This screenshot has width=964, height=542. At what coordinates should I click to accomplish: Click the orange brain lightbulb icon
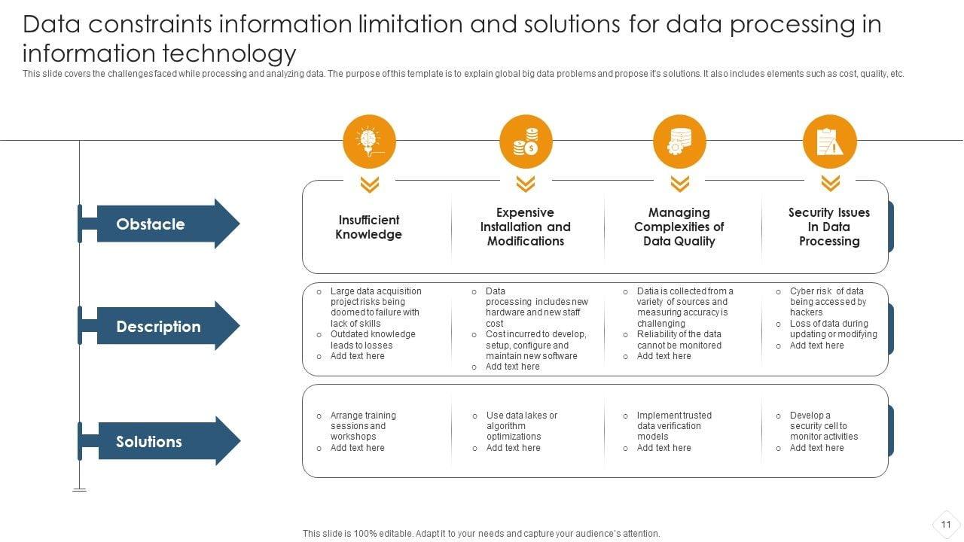point(369,142)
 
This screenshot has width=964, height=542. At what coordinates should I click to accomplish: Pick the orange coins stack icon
point(526,142)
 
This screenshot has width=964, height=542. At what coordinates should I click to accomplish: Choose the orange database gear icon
point(679,142)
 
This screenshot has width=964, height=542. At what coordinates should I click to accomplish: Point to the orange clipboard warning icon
point(830,142)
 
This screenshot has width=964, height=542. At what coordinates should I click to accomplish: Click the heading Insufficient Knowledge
point(368,227)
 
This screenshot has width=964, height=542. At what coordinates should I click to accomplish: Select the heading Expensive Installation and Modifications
point(526,227)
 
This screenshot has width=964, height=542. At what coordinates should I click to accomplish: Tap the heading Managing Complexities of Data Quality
point(679,227)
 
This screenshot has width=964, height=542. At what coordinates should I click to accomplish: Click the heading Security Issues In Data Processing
point(829,227)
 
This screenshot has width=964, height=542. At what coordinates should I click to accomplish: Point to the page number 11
point(946,525)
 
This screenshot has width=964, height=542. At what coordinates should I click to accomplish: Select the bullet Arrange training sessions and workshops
point(362,426)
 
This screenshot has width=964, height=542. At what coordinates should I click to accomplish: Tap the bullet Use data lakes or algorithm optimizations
point(521,426)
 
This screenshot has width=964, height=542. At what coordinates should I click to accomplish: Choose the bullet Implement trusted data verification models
point(673,426)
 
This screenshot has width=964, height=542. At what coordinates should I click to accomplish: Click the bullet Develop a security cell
point(823,426)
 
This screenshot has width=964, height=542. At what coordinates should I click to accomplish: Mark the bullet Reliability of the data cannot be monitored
point(679,340)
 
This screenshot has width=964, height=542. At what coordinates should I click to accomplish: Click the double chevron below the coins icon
point(526,184)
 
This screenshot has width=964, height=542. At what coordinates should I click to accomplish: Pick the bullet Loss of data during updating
point(833,329)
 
